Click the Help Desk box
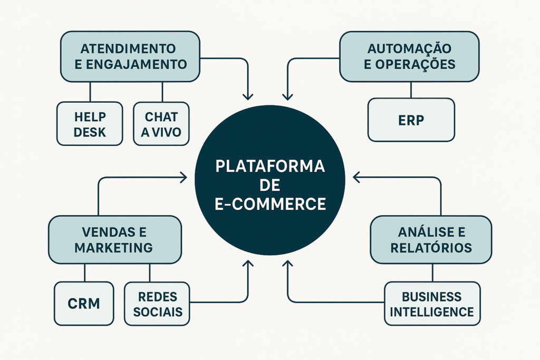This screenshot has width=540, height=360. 90,123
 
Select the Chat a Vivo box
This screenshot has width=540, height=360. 161,123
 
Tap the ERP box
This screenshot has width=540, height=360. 411,120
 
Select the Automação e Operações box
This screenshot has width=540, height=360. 409,56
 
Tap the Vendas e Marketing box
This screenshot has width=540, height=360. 114,239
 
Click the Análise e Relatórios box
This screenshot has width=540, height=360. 431,239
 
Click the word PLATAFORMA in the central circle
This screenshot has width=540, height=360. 270,167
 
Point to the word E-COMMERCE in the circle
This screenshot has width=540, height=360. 270,203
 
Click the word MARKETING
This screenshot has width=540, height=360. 114,247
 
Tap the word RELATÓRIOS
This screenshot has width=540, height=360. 431,247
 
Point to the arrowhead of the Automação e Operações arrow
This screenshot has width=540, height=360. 287,97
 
